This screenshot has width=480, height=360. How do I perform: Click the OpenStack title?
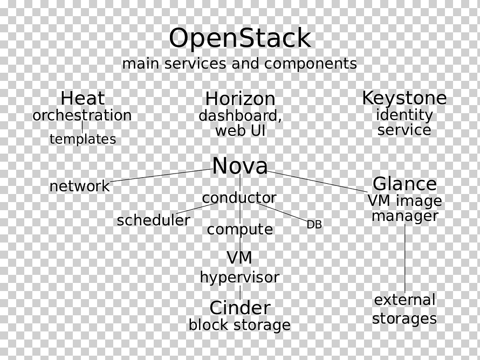[240, 38]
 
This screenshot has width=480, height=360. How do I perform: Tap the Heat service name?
[83, 98]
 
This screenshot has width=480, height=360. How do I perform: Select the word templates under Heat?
[83, 139]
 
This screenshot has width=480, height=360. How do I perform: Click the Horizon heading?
[240, 99]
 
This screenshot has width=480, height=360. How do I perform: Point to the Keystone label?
[404, 98]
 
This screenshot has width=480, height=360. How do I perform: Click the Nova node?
[240, 165]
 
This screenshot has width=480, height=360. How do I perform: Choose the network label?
[79, 186]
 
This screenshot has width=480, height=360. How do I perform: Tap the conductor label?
[239, 198]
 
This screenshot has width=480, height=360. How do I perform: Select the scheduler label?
[153, 220]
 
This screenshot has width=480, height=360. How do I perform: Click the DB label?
[314, 225]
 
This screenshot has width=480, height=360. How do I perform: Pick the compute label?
[240, 230]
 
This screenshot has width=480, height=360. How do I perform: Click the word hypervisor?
[239, 278]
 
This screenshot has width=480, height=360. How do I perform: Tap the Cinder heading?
[240, 308]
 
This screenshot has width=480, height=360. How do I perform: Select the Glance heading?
[404, 184]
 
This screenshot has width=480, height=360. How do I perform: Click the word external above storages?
[404, 300]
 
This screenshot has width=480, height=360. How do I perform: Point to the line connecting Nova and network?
[161, 175]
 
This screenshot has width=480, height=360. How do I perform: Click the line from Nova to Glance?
[318, 182]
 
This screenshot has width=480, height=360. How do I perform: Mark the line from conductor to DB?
[282, 211]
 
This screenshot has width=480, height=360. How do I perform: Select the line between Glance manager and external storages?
[404, 259]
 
